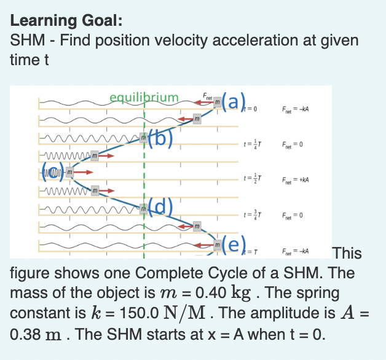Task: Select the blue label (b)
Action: click(x=163, y=138)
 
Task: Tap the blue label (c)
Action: click(x=53, y=171)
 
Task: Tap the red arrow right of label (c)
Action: click(x=86, y=173)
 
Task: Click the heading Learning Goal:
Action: click(x=63, y=21)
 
